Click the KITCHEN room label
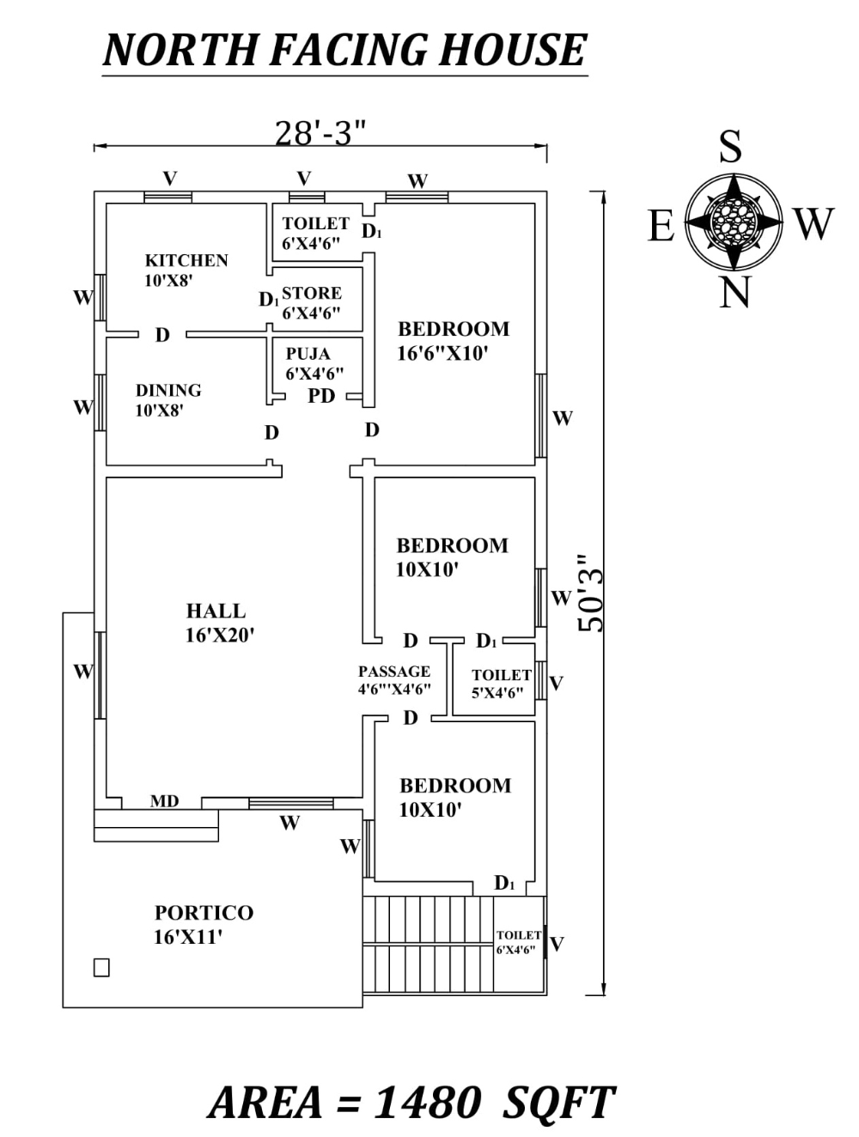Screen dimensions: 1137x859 point(186,260)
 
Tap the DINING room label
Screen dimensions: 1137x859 point(168,390)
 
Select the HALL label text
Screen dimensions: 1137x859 point(216,611)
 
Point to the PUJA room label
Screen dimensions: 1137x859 point(308,354)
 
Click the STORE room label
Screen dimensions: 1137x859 point(312,294)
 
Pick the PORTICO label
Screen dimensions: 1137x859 point(204,913)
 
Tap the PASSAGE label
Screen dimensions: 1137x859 point(394,672)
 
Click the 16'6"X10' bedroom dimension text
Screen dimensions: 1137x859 point(442,353)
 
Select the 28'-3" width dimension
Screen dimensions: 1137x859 point(320,133)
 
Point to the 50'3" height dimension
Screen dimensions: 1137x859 point(592,593)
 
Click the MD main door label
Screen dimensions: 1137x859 point(164,801)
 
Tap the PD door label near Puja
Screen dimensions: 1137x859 point(321,397)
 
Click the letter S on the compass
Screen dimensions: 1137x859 point(730,147)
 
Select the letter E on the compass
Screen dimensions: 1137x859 point(661,227)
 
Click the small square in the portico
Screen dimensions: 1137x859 point(101,968)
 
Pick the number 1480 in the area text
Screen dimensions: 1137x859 point(427,1103)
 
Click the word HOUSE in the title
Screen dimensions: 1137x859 point(513,50)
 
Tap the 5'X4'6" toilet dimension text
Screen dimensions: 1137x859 point(497,693)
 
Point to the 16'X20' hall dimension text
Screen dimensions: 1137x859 point(220,635)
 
